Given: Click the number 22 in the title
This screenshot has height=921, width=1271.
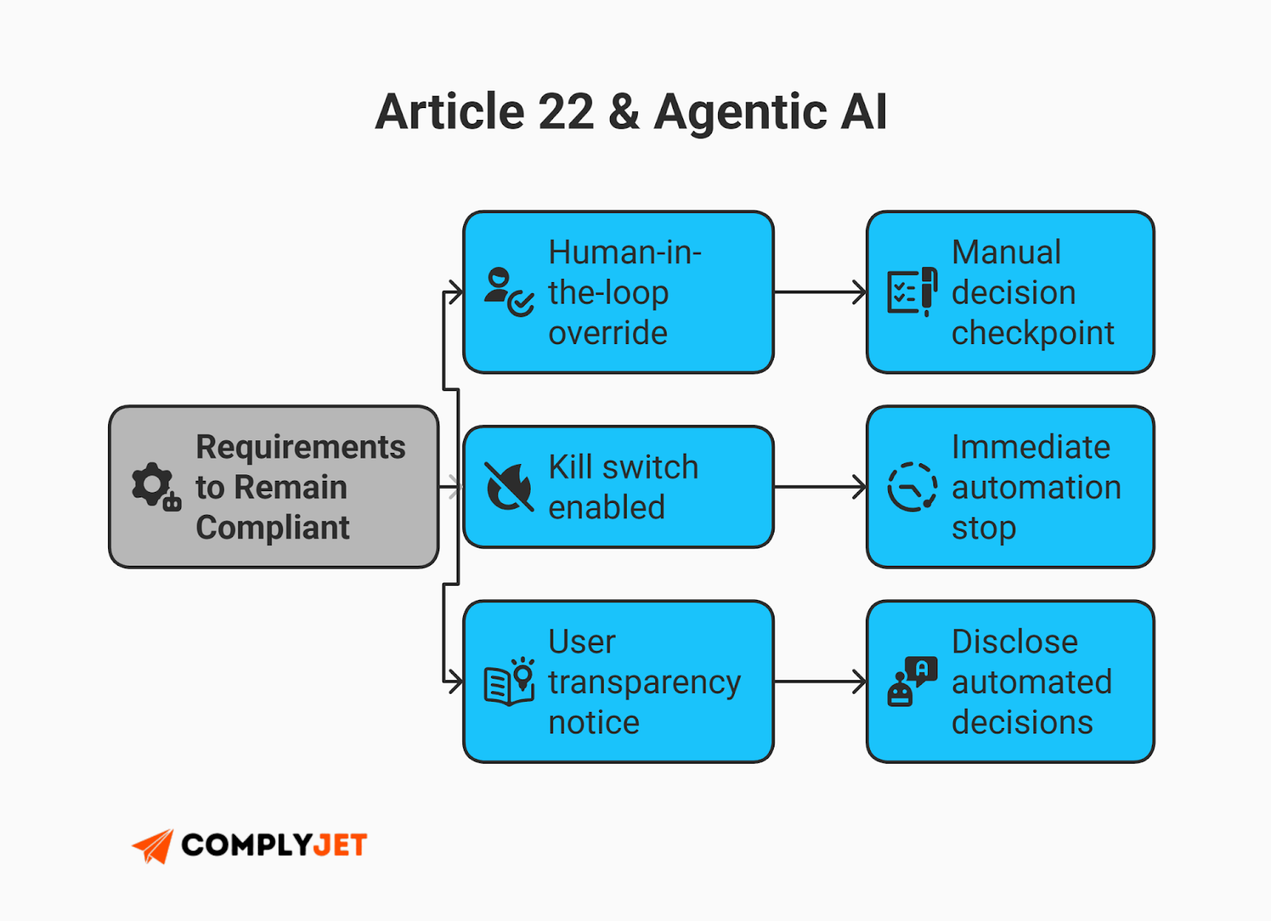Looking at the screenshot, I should pyautogui.click(x=566, y=111).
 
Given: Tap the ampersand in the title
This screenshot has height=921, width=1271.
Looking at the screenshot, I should pyautogui.click(x=624, y=111).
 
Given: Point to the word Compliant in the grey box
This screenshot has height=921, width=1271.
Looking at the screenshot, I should pyautogui.click(x=272, y=528).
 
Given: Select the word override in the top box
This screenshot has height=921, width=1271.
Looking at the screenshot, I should pyautogui.click(x=608, y=333).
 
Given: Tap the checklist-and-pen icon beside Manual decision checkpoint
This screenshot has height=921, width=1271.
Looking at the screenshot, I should pyautogui.click(x=912, y=292).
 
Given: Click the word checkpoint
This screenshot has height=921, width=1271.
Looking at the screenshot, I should pyautogui.click(x=1033, y=333).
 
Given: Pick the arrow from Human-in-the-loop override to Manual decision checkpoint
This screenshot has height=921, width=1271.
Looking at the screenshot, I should pyautogui.click(x=820, y=292).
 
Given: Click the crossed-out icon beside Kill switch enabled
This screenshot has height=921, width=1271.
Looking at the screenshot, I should pyautogui.click(x=509, y=486).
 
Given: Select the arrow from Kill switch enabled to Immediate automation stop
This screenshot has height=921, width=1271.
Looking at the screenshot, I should pyautogui.click(x=820, y=486).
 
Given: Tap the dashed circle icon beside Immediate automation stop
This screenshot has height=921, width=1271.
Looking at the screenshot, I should pyautogui.click(x=912, y=486).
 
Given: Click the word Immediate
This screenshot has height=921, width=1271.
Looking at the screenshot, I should pyautogui.click(x=1030, y=447).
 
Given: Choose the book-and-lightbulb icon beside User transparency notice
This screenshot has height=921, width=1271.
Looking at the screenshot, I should pyautogui.click(x=509, y=682).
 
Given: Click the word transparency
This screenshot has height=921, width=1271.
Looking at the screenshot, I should pyautogui.click(x=644, y=682).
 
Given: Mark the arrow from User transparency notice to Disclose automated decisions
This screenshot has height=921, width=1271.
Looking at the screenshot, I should pyautogui.click(x=820, y=681).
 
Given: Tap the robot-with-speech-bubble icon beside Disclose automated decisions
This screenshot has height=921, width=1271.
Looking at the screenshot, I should pyautogui.click(x=912, y=681).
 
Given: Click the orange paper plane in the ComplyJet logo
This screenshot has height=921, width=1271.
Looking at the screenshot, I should pyautogui.click(x=154, y=846).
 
